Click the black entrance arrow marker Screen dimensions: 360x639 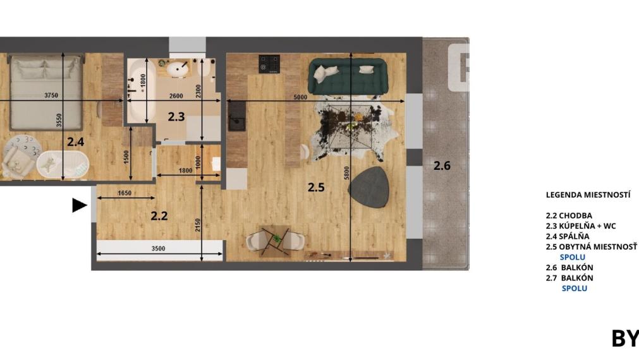tap(79, 205)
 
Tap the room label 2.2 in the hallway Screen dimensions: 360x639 tap(159, 215)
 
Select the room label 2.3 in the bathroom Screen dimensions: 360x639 tap(176, 116)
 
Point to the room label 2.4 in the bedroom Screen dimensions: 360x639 tap(76, 142)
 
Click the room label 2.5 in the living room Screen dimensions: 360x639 tap(316, 186)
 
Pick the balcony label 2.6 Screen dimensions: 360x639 tap(442, 165)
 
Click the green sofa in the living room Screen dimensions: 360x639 tap(347, 75)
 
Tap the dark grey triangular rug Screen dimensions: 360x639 tap(369, 187)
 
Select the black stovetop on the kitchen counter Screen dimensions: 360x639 tap(269, 64)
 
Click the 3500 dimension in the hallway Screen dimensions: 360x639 tap(158, 249)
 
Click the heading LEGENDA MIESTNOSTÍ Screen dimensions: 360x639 tap(588, 195)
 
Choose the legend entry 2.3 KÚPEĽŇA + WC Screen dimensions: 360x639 tap(580, 225)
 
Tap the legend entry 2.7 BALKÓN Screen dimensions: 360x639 tap(569, 277)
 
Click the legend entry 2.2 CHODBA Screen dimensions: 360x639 tap(569, 215)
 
